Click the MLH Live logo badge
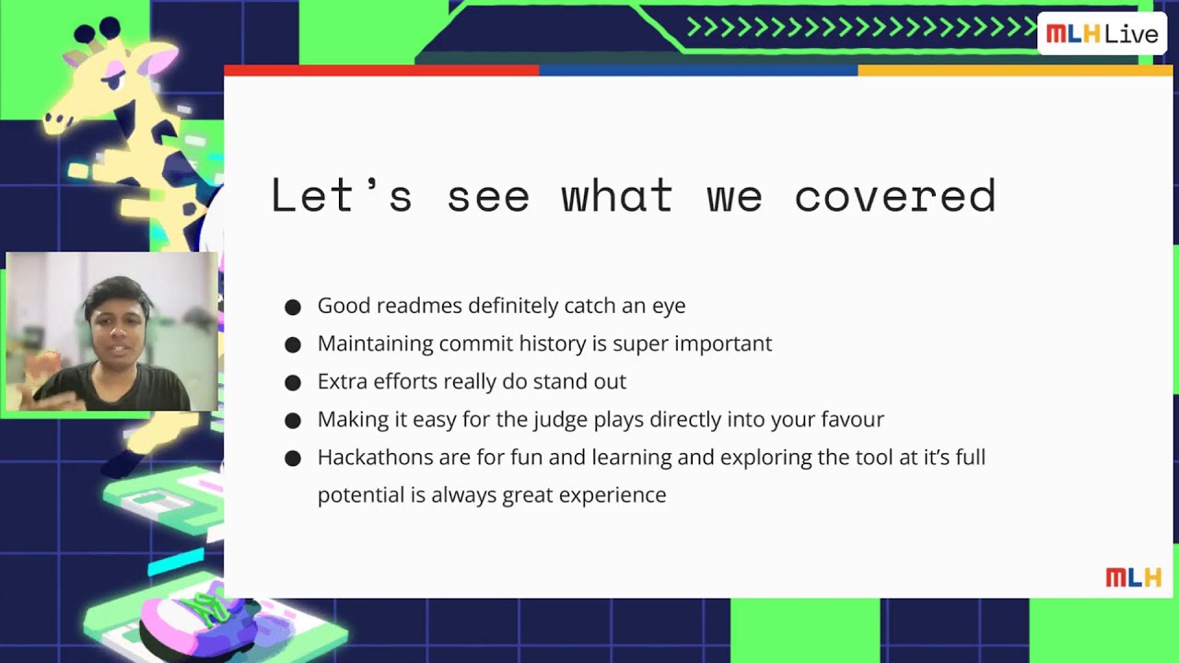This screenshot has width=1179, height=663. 1102,34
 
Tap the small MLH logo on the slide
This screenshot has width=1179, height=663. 1133,577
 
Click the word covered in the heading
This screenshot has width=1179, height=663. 894,196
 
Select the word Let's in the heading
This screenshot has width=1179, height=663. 341,196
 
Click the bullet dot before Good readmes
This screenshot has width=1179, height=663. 293,307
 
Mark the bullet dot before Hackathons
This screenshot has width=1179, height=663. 293,459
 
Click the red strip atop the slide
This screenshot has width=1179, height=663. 381,70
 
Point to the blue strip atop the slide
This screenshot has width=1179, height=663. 698,70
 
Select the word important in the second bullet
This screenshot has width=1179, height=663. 723,343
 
